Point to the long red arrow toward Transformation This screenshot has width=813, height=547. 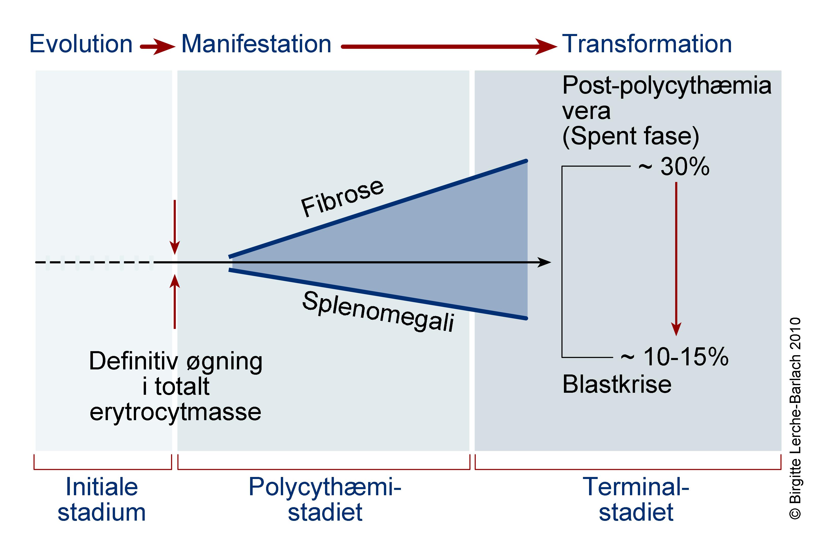tap(447, 46)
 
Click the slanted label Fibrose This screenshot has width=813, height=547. tap(342, 198)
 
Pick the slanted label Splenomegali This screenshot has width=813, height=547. tap(378, 312)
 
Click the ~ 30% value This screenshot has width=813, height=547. tap(673, 167)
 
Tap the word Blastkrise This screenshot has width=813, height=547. tap(617, 384)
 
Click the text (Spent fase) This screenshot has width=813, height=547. tap(630, 136)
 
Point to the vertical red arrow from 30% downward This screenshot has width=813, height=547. tap(676, 258)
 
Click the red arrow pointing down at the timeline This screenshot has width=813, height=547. tap(174, 227)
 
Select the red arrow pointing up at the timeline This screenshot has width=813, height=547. tap(174, 302)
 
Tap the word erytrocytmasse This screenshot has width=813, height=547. tap(175, 412)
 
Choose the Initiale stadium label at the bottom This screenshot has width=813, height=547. tap(102, 500)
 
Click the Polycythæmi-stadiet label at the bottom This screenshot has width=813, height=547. tap(325, 500)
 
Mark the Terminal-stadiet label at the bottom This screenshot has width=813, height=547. tap(636, 500)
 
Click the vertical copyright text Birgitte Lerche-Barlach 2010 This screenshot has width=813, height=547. tap(795, 419)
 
